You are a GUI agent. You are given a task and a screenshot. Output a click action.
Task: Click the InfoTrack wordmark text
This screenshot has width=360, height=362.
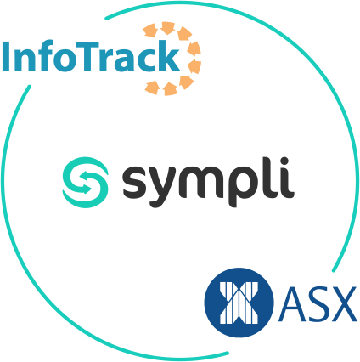[x=91, y=56]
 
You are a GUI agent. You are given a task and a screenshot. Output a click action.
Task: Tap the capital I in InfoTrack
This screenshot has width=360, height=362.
[x=6, y=57]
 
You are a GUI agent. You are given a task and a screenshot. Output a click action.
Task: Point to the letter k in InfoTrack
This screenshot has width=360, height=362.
[x=168, y=56]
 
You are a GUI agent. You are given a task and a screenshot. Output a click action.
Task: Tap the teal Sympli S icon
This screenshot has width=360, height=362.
[x=85, y=183]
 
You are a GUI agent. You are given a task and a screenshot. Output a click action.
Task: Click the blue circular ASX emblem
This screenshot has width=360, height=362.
[x=239, y=303]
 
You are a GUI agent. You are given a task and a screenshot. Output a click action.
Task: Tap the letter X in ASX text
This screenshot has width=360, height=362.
[x=342, y=304]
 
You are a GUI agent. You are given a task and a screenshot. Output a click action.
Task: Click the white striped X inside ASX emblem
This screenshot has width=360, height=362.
[x=239, y=303]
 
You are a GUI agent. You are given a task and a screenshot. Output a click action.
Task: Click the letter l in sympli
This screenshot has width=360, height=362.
[x=273, y=177]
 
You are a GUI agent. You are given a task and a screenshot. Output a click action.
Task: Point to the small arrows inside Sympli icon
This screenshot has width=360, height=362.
[x=85, y=183]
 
